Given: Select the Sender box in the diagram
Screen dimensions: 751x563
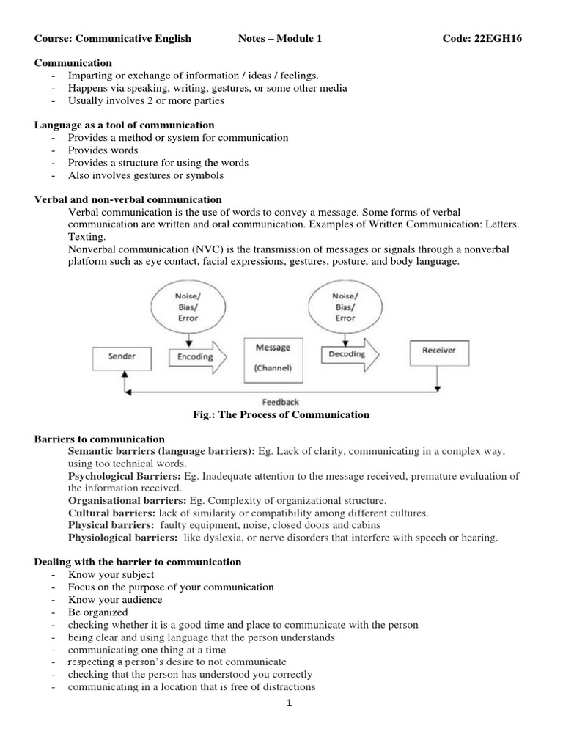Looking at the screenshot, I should tap(121, 357).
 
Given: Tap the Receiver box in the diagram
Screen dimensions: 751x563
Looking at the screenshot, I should tap(438, 351).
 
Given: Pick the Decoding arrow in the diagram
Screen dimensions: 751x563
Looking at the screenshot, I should tap(347, 354).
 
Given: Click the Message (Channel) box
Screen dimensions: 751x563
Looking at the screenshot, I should tap(273, 358).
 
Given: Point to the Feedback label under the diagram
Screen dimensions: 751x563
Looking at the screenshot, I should tap(281, 402).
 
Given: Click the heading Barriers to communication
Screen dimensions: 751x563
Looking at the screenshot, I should tap(100, 439).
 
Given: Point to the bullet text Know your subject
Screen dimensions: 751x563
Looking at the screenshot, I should tap(111, 574).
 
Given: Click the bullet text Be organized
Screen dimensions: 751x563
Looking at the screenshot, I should tap(97, 612).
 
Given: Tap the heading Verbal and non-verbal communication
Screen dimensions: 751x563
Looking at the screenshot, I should tap(128, 199).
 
